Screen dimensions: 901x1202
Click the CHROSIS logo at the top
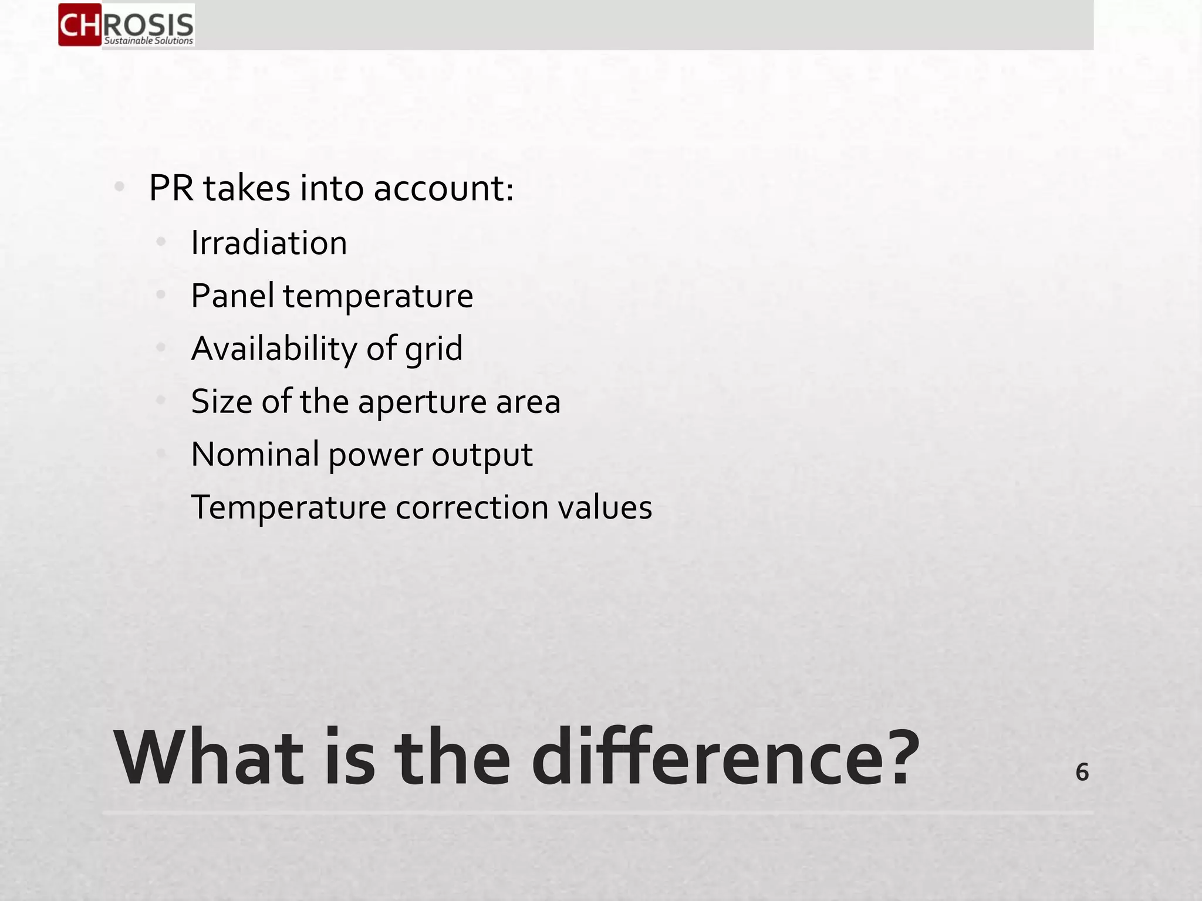coord(126,25)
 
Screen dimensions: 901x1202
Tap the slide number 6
coord(1082,772)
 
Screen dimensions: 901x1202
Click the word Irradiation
coord(269,243)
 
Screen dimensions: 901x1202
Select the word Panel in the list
coord(232,296)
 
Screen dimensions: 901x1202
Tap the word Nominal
coord(255,455)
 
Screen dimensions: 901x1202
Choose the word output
coord(482,456)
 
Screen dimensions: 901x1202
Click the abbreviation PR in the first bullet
coord(171,188)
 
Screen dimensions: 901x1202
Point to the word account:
coord(443,189)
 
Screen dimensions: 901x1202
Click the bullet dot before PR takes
coord(120,187)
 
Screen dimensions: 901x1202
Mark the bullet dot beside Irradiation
coord(161,242)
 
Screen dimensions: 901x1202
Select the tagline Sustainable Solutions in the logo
coord(148,41)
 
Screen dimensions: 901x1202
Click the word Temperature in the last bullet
coord(288,508)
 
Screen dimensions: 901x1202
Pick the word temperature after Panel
coord(378,297)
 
